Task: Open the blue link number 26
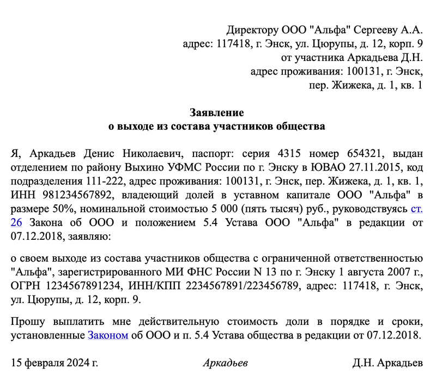click(16, 222)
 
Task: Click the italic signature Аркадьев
click(225, 362)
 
